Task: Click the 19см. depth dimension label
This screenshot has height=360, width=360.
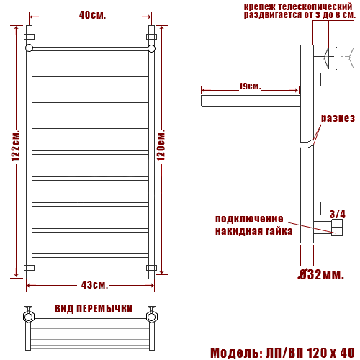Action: [249, 86]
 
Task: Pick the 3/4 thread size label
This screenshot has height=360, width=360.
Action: [337, 214]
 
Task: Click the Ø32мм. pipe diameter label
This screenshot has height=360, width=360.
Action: [322, 274]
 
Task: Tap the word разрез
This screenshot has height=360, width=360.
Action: [338, 118]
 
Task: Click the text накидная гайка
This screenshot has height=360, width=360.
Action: [253, 231]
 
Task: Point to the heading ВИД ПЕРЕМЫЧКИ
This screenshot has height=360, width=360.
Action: [94, 309]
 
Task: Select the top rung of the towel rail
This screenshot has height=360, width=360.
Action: [90, 48]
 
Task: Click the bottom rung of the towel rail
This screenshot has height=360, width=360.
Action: [90, 255]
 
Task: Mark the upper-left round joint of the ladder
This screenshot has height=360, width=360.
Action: [29, 48]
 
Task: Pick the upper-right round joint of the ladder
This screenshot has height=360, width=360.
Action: [152, 48]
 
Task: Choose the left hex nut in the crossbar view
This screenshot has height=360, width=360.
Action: [30, 316]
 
